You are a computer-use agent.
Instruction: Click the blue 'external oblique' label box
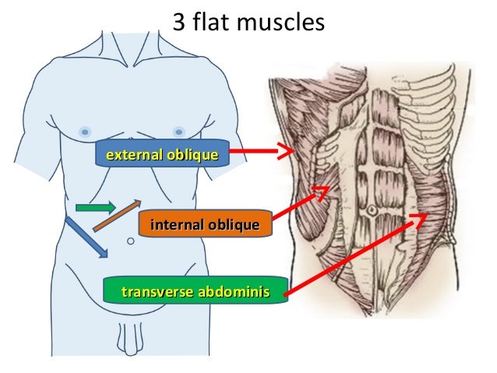(161, 155)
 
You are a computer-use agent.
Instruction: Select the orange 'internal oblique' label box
(204, 225)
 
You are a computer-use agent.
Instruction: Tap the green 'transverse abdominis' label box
(196, 292)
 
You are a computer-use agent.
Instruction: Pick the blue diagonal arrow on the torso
(86, 237)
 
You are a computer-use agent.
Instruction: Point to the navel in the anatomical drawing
(373, 210)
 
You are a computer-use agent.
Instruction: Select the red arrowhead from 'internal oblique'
(322, 191)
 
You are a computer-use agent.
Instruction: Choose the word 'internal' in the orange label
(174, 225)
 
